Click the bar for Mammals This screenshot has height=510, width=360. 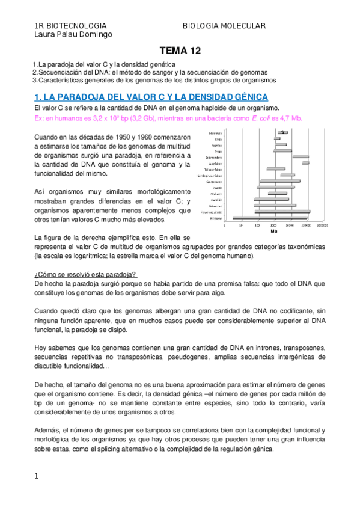pyautogui.click(x=281, y=132)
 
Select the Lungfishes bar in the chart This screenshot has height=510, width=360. pyautogui.click(x=305, y=163)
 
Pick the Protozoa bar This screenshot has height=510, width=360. pyautogui.click(x=270, y=218)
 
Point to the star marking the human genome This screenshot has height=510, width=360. pyautogui.click(x=282, y=132)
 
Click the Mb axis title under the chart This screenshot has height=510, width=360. pyautogui.click(x=274, y=231)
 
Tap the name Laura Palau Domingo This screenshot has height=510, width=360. pyautogui.click(x=74, y=35)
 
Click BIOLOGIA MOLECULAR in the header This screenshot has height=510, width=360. pyautogui.click(x=224, y=26)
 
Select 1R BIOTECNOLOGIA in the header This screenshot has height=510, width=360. pyautogui.click(x=71, y=26)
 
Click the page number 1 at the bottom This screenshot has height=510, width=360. pyautogui.click(x=37, y=476)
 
